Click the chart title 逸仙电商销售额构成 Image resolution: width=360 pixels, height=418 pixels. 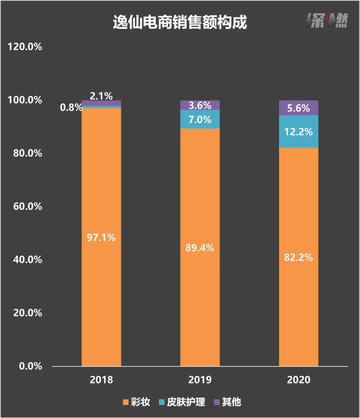click(x=180, y=23)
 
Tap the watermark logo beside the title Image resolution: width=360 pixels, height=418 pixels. click(x=327, y=21)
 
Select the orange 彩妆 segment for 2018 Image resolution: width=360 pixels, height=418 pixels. click(x=101, y=200)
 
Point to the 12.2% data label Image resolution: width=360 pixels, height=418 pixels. click(x=298, y=132)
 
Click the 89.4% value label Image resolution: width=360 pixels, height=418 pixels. click(x=200, y=248)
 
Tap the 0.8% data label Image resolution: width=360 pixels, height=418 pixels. click(x=71, y=107)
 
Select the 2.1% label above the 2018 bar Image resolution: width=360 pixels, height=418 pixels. click(x=101, y=96)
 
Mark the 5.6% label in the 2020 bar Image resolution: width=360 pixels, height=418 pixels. click(x=298, y=108)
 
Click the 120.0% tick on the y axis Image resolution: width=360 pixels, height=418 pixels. click(x=25, y=47)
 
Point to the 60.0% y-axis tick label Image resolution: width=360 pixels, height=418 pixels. click(x=28, y=206)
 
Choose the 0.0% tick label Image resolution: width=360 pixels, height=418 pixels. click(x=31, y=366)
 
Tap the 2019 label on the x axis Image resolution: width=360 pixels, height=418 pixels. click(x=200, y=380)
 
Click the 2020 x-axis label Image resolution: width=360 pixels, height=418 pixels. click(x=298, y=380)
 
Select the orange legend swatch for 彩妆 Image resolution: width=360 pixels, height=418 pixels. click(x=126, y=402)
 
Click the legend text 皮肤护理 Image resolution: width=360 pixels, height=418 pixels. click(x=186, y=402)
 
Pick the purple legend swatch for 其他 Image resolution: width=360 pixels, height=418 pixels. click(x=217, y=402)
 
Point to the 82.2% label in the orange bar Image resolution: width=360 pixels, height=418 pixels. click(x=298, y=257)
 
